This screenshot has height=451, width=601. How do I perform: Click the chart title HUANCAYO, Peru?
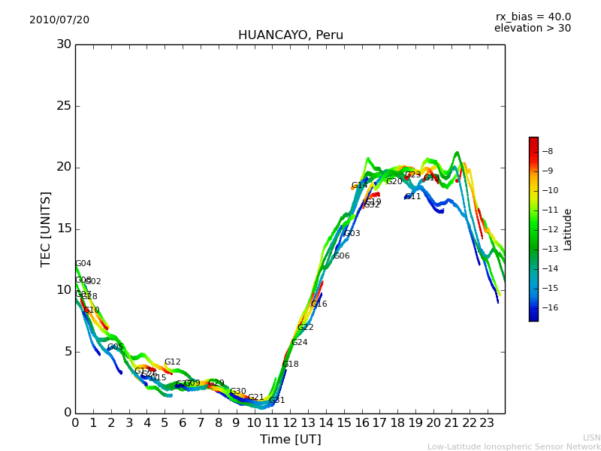290,35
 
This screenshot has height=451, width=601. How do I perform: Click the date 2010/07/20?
59,20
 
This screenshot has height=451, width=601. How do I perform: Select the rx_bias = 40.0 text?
533,17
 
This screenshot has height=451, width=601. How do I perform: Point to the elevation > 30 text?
532,29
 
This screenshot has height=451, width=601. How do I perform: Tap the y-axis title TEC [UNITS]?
46,229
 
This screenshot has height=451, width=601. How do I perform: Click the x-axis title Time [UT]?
290,439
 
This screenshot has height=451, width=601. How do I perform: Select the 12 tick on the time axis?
290,422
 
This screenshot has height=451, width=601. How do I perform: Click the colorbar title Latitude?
568,229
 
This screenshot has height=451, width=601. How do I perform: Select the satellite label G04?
83,264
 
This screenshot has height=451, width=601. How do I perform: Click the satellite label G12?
173,362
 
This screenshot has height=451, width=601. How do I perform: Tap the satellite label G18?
291,365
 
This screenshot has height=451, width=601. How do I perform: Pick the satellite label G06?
342,256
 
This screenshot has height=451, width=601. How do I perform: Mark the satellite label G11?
413,197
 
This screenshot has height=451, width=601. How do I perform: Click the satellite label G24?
300,343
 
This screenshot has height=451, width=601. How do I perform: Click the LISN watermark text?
591,437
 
